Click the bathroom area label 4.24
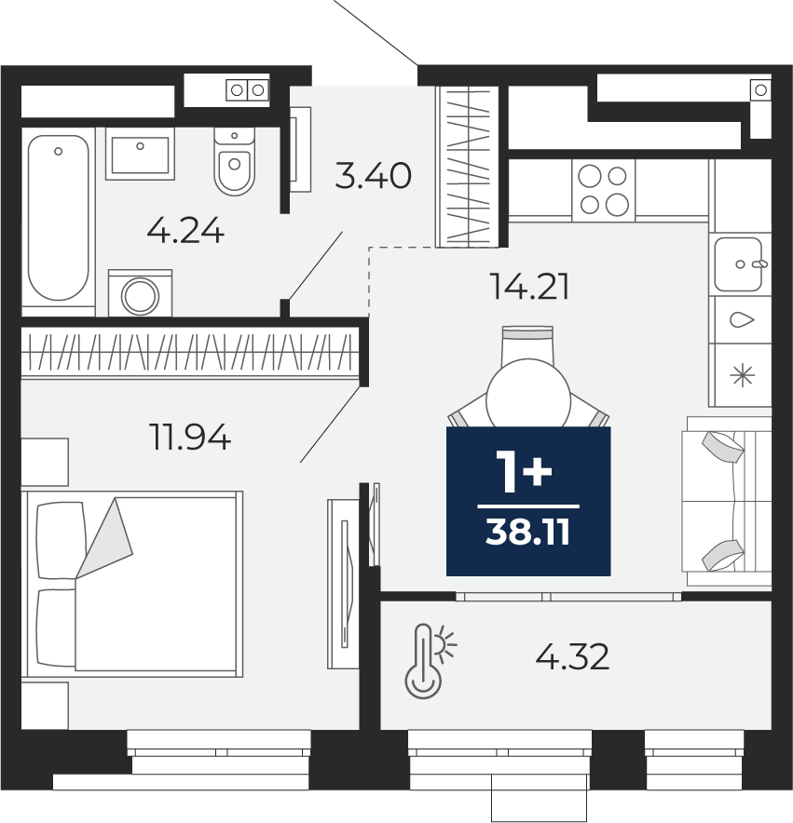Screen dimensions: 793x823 pyautogui.click(x=185, y=232)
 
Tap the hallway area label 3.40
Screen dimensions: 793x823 pyautogui.click(x=373, y=175)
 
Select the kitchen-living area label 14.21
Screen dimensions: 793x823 pyautogui.click(x=529, y=287)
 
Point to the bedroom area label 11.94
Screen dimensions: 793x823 pyautogui.click(x=190, y=438)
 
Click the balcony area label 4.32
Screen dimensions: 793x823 pyautogui.click(x=572, y=656)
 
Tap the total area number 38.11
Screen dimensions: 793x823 pyautogui.click(x=527, y=533)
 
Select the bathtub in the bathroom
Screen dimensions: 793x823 pyautogui.click(x=59, y=218)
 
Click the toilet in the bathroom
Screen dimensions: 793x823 pyautogui.click(x=235, y=161)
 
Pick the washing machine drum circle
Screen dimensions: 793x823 pyautogui.click(x=141, y=296)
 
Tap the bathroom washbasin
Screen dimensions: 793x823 pyautogui.click(x=140, y=154)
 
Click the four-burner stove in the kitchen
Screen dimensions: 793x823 pyautogui.click(x=603, y=190)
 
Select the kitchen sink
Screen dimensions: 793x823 pyautogui.click(x=738, y=264)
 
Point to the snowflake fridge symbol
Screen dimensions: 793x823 pyautogui.click(x=743, y=376)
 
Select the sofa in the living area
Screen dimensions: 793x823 pyautogui.click(x=726, y=501)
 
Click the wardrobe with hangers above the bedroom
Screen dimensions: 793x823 pyautogui.click(x=190, y=351)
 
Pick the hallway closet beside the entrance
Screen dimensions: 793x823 pyautogui.click(x=467, y=167)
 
